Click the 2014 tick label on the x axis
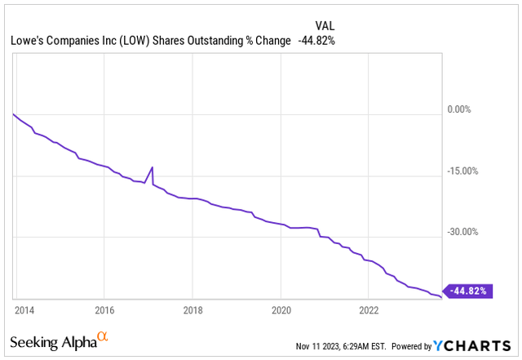pos(24,310)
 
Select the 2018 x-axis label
pos(192,310)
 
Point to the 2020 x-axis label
pos(280,310)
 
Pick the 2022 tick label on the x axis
pos(369,310)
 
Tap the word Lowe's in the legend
pos(29,42)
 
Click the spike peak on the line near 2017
pos(152,167)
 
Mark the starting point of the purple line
pos(14,113)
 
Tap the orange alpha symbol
pos(103,336)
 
